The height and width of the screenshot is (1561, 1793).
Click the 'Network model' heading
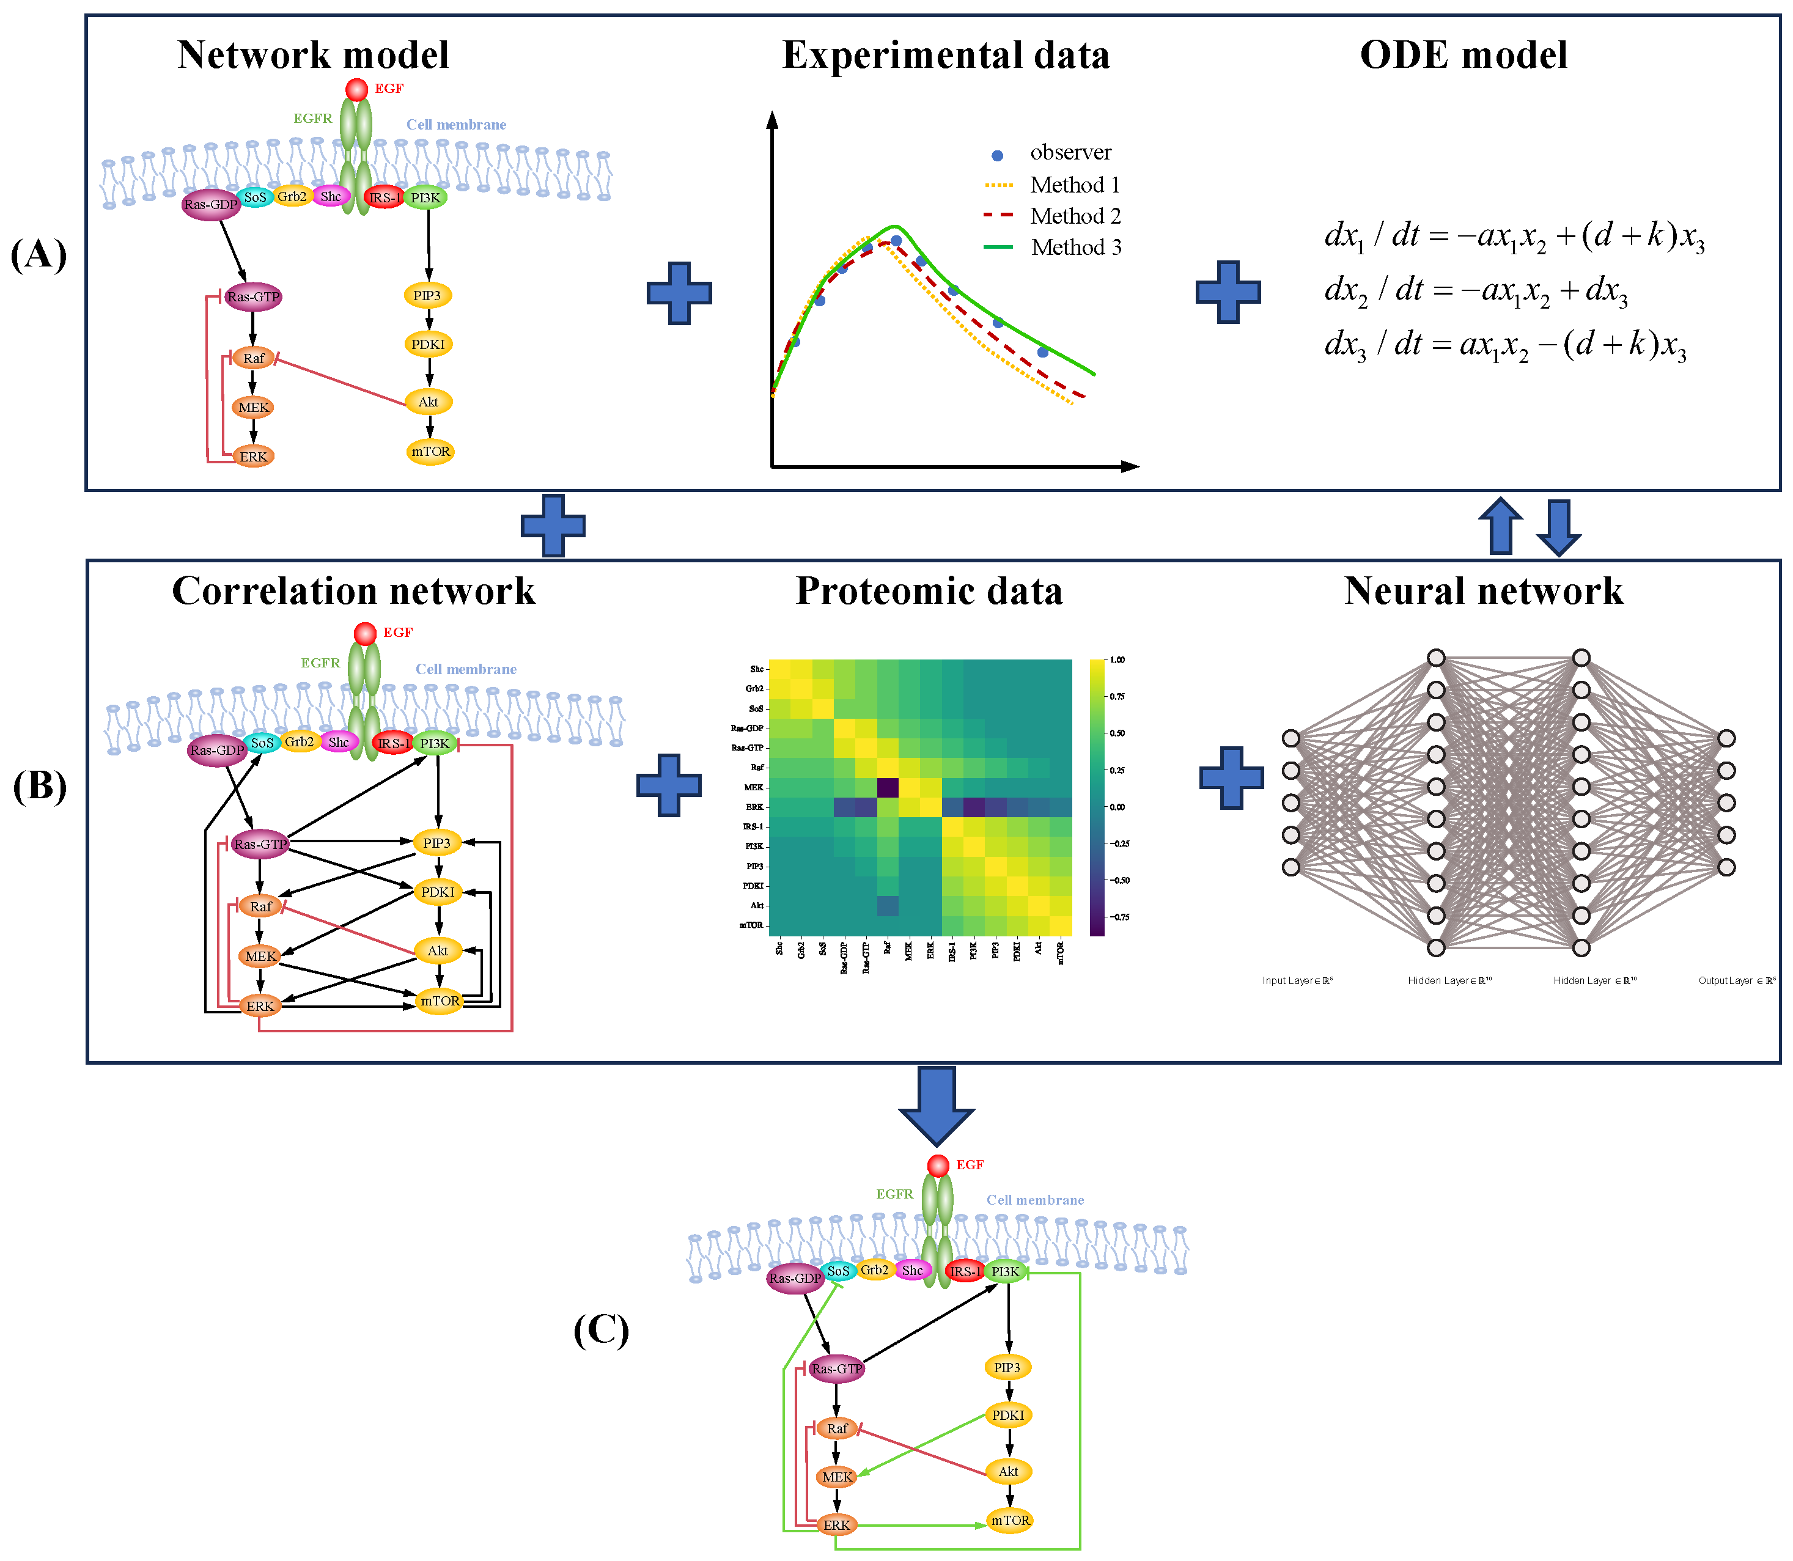tap(313, 55)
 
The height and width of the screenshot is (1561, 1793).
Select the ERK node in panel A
tap(254, 457)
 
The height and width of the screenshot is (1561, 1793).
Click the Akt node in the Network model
tap(429, 402)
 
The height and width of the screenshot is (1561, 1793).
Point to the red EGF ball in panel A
tap(356, 89)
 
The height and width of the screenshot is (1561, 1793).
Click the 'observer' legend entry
tap(1070, 152)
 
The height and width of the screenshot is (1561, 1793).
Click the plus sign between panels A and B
tap(553, 525)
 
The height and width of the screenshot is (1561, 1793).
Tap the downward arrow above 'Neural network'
tap(1558, 527)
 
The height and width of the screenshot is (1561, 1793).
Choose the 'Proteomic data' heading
tap(929, 592)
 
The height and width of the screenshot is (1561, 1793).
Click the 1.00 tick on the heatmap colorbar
tap(1117, 659)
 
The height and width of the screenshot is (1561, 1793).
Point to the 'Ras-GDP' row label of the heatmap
tap(748, 728)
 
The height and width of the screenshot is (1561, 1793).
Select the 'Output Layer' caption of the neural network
tap(1736, 981)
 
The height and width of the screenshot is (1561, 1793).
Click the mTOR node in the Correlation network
tap(439, 1001)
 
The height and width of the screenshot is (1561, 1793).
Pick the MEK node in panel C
tap(836, 1477)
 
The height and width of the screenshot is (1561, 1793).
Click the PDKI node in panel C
tap(1008, 1416)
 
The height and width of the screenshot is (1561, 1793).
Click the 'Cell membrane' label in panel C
tap(1035, 1200)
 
